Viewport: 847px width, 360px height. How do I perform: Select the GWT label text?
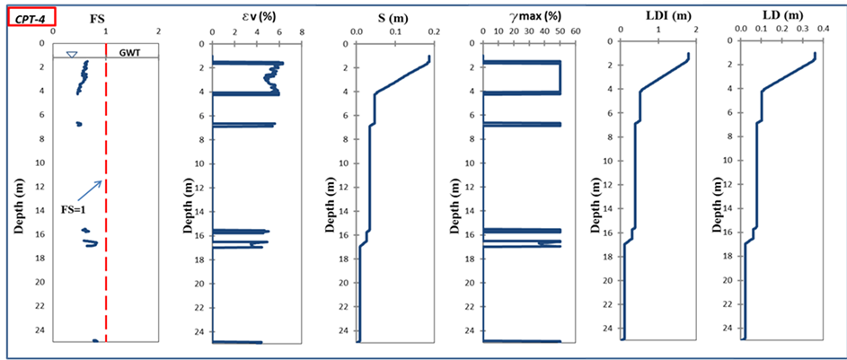130,53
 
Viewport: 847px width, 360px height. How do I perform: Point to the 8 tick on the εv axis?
302,30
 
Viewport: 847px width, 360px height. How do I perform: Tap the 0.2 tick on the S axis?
435,30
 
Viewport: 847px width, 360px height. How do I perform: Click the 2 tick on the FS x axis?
159,30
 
